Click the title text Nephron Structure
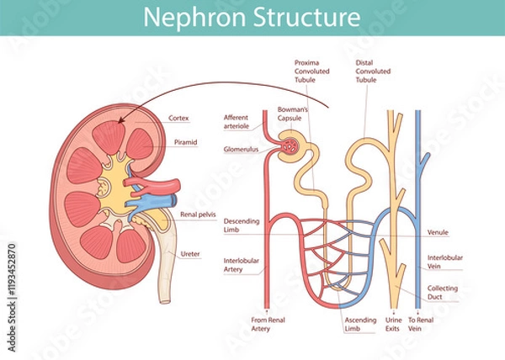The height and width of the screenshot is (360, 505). pyautogui.click(x=252, y=17)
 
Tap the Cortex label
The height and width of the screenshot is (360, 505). pyautogui.click(x=178, y=118)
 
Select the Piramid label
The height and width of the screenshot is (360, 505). pyautogui.click(x=185, y=142)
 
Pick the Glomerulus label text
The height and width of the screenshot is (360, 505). pyautogui.click(x=239, y=149)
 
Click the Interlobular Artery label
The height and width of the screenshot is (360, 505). pyautogui.click(x=239, y=265)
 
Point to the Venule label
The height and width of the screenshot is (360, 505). pyautogui.click(x=438, y=232)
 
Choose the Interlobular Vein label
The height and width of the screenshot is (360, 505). pyautogui.click(x=444, y=262)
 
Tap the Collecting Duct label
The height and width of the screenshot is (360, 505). pyautogui.click(x=443, y=292)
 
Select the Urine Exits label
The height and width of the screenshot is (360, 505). pyautogui.click(x=394, y=324)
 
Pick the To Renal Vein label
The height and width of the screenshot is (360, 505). pyautogui.click(x=421, y=324)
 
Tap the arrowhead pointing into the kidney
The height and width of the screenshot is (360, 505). pyautogui.click(x=124, y=120)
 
